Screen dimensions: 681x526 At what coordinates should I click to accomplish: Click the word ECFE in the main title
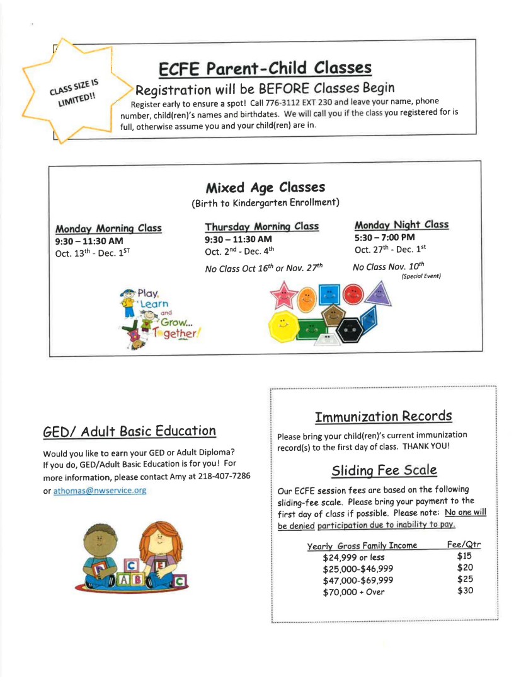tap(181, 68)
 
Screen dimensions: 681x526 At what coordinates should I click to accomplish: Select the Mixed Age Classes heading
tap(265, 187)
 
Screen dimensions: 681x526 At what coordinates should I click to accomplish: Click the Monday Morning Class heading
tap(108, 228)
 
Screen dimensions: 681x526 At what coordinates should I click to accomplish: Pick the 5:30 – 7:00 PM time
tap(384, 237)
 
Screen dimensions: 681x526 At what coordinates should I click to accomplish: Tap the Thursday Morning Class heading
tap(261, 226)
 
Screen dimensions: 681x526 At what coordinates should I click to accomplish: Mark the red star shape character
tap(284, 294)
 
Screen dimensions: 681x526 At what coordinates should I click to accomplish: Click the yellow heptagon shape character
tap(282, 327)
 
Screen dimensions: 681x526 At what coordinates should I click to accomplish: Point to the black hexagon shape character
tap(350, 329)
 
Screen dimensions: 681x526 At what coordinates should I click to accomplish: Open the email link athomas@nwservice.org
tap(100, 491)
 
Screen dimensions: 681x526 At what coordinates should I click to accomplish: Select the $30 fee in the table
tap(465, 591)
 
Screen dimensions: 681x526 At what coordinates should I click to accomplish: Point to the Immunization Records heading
tap(383, 416)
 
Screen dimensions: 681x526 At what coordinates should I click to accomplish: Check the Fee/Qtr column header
tap(464, 545)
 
